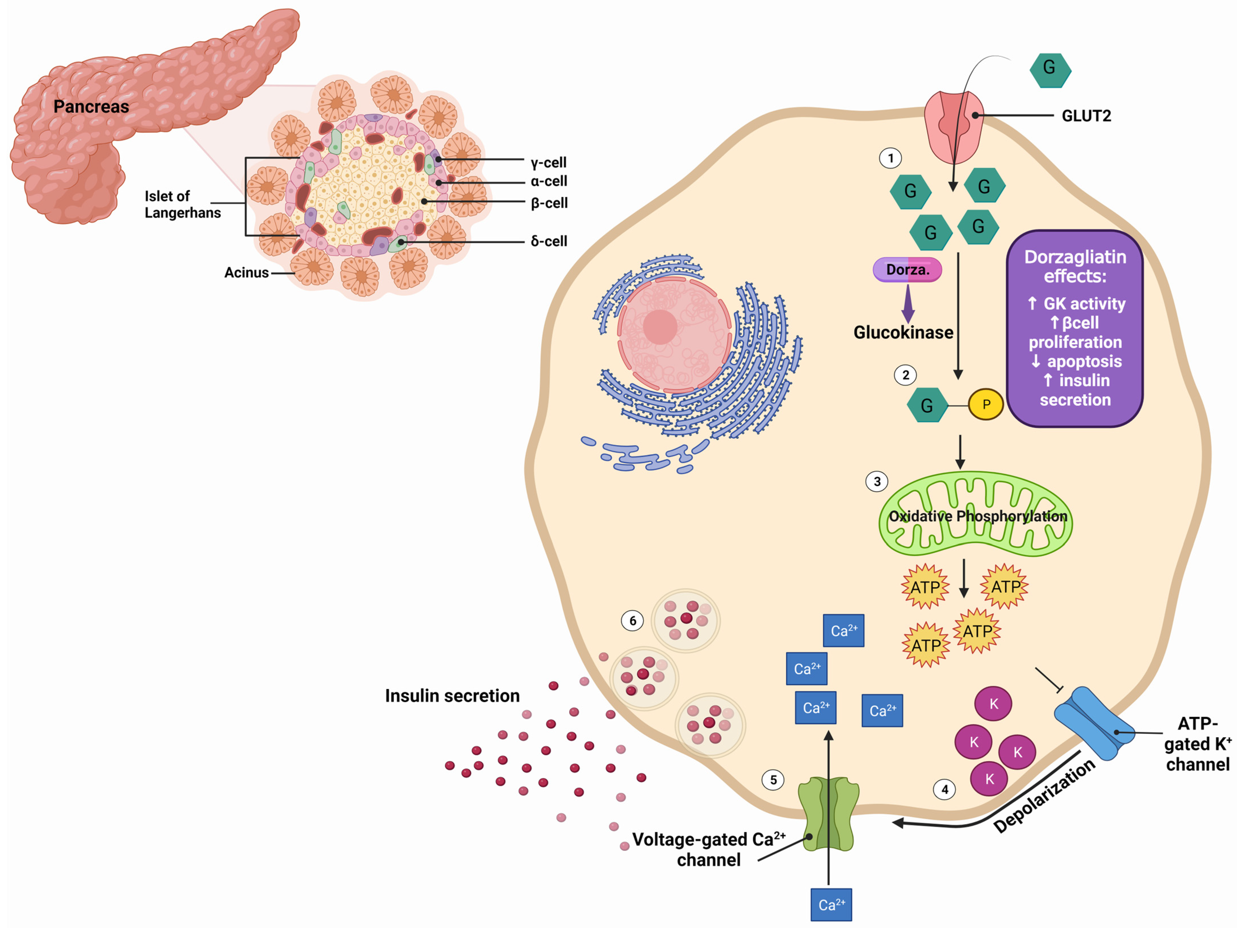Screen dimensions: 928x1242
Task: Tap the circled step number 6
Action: point(632,621)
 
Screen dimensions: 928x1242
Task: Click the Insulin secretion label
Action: point(452,696)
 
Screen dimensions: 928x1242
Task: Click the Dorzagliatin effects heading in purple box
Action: point(1075,266)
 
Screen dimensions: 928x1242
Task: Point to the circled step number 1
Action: point(890,158)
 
